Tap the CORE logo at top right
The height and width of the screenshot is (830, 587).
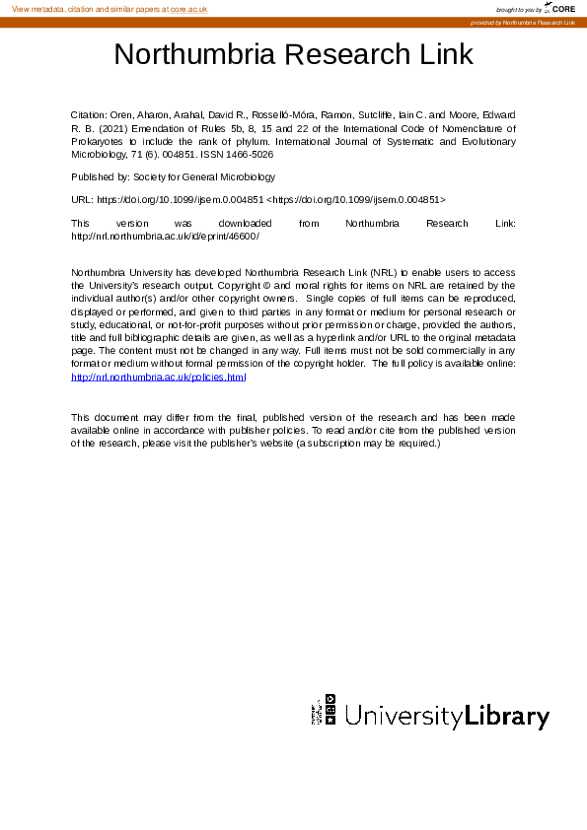pos(561,8)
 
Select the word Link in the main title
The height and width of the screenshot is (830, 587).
pos(448,54)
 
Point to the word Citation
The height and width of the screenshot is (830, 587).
pos(91,115)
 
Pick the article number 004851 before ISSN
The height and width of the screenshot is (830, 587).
pos(207,155)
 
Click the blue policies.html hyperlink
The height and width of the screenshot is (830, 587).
pos(158,377)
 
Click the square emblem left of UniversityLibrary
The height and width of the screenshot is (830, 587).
pos(325,710)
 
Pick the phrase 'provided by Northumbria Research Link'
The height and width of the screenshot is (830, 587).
pos(523,22)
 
